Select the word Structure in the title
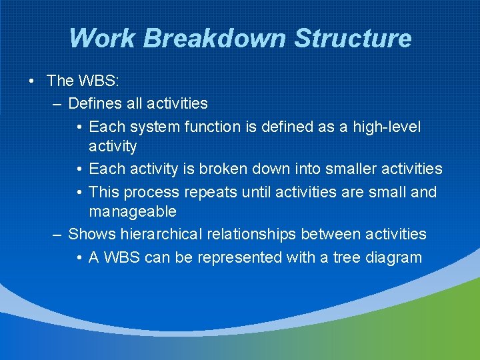353,38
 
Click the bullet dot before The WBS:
31,81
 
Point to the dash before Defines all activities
57,104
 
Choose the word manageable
133,212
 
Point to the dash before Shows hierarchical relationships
57,234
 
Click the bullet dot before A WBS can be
79,258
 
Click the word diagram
394,258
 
